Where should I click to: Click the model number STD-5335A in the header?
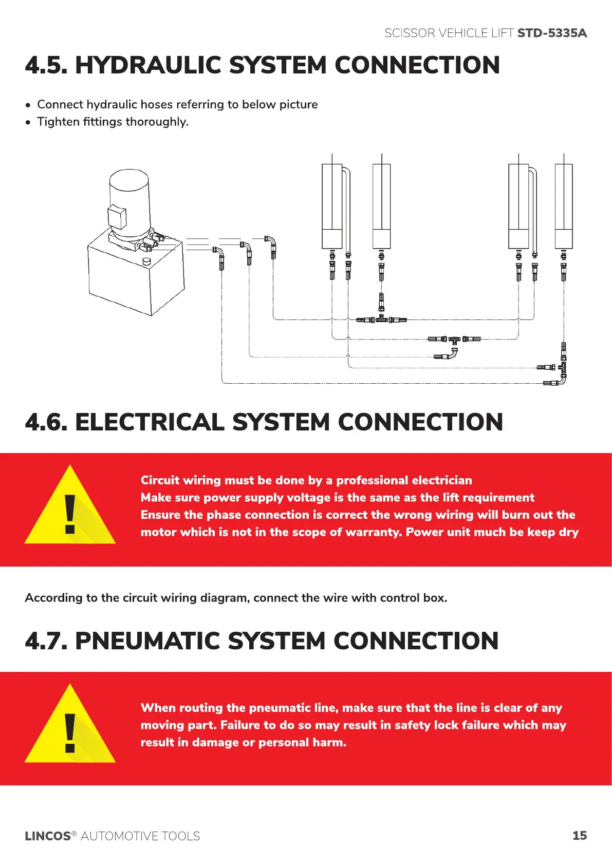click(x=551, y=33)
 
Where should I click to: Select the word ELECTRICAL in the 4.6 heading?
click(x=151, y=423)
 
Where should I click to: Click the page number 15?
click(x=579, y=836)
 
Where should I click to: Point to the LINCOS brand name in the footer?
click(x=47, y=836)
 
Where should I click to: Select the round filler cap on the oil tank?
click(x=147, y=261)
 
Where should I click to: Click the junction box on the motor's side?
click(x=117, y=217)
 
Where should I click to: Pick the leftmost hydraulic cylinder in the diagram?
click(x=332, y=205)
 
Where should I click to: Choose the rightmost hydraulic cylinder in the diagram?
click(x=564, y=205)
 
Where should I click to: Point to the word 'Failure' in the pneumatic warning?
click(x=240, y=725)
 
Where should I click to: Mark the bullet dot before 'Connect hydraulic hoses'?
click(x=28, y=105)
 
